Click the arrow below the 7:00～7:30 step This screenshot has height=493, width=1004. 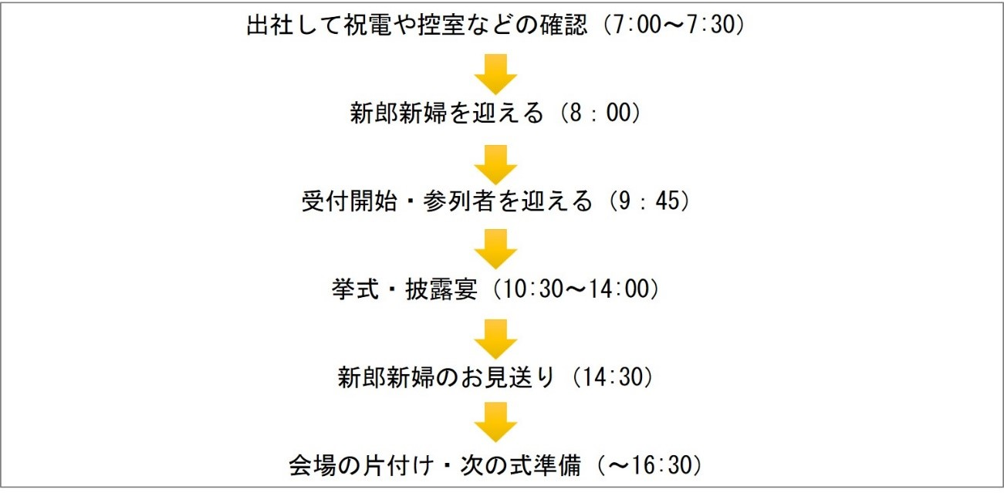click(x=495, y=73)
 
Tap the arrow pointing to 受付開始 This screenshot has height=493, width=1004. click(x=495, y=163)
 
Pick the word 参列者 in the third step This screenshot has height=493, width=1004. click(x=458, y=201)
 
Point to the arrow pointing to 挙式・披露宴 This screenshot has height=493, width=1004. click(x=495, y=249)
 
